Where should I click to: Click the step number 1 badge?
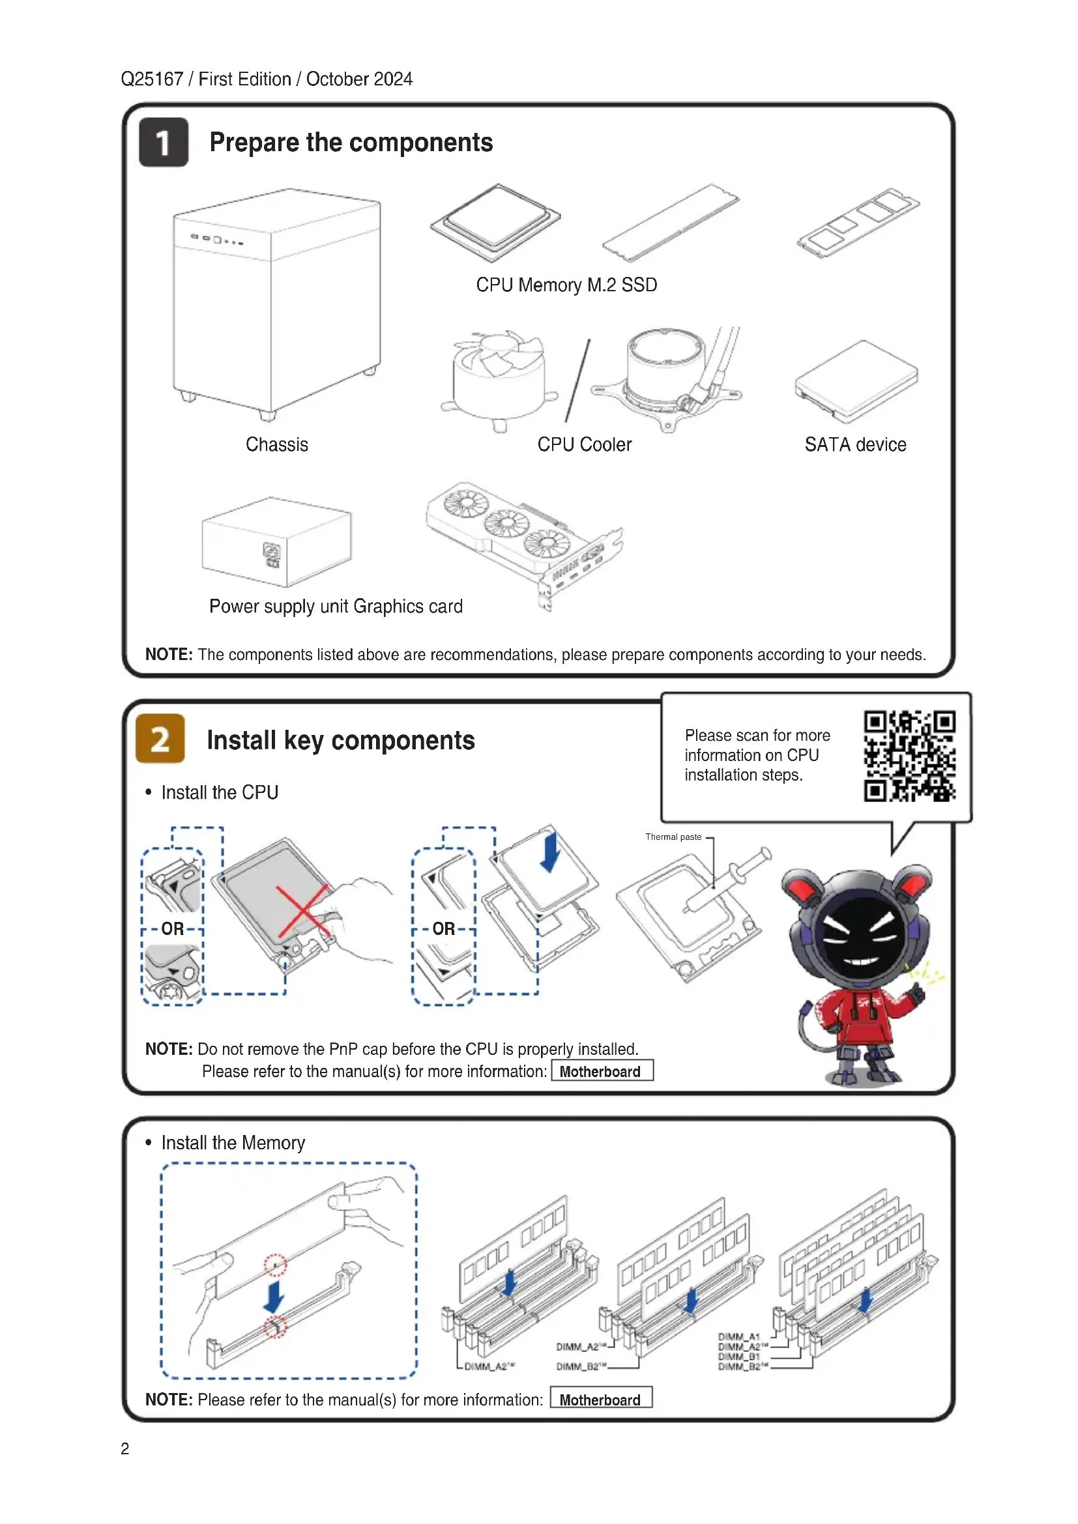click(164, 143)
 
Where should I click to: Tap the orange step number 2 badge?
click(160, 739)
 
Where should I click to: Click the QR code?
click(909, 756)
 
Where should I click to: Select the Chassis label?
click(277, 445)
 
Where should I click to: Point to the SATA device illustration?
click(856, 381)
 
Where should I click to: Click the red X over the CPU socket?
click(303, 910)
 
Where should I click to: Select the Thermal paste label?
click(673, 837)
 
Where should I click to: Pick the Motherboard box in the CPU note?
click(602, 1071)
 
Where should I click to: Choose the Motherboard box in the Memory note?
click(601, 1400)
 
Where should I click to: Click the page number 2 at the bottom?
click(124, 1449)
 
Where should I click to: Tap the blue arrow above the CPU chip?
click(549, 854)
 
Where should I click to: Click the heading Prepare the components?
click(351, 143)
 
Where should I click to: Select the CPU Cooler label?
click(584, 445)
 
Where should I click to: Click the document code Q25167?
click(151, 79)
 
